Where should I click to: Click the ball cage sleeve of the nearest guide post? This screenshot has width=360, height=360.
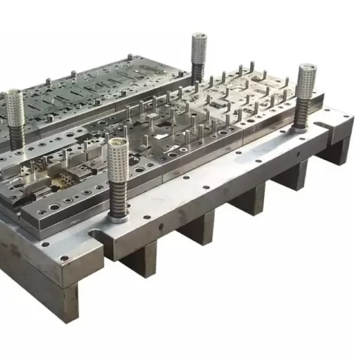[119, 164]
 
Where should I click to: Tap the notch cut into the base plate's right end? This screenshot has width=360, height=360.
[324, 127]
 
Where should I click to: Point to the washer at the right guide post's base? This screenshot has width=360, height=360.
[302, 128]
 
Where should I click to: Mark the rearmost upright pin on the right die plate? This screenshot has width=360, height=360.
[252, 65]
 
